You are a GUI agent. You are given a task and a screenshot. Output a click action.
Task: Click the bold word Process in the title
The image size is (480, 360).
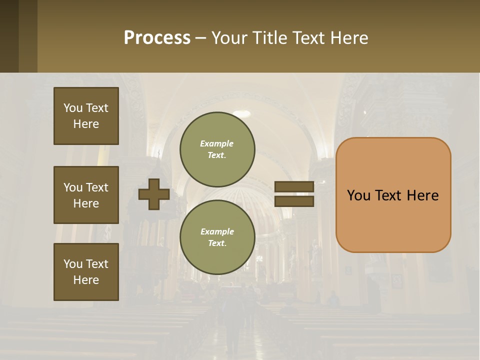(x=157, y=38)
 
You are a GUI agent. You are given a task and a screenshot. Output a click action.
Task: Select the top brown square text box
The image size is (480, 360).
(x=86, y=116)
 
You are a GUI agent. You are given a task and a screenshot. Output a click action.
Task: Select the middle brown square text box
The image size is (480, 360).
(x=86, y=195)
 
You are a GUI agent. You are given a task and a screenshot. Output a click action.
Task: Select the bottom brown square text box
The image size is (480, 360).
(x=86, y=272)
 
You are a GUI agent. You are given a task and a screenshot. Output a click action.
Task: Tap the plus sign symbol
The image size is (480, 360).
(x=153, y=194)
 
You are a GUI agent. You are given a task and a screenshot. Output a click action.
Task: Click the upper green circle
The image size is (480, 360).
(x=217, y=149)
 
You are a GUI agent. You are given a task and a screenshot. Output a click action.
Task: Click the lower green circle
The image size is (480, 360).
(x=217, y=237)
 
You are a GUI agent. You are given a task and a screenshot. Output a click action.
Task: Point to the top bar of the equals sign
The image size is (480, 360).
(x=294, y=186)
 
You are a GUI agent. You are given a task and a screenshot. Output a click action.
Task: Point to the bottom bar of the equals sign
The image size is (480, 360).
(x=294, y=201)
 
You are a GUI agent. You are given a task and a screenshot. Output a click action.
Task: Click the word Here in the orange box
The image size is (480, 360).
(x=422, y=195)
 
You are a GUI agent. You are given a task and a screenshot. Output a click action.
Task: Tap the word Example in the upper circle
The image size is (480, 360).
(x=216, y=143)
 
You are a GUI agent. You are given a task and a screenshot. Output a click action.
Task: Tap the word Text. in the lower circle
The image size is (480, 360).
(x=217, y=243)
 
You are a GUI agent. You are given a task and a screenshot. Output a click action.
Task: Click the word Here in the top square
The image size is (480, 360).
(x=86, y=124)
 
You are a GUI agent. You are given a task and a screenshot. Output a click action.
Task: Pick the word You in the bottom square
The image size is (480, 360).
(x=73, y=264)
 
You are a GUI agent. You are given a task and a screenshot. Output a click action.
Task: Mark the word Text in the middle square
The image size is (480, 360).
(x=96, y=187)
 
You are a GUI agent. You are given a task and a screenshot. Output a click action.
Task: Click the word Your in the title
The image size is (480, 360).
(x=230, y=38)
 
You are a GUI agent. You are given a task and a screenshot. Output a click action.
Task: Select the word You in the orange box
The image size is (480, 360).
(x=359, y=195)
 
